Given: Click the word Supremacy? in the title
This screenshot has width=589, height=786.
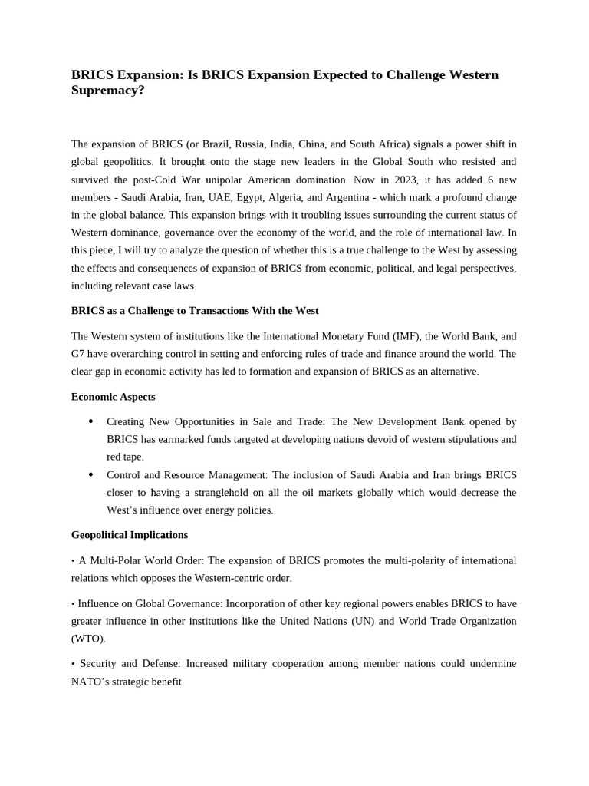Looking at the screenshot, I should pyautogui.click(x=107, y=91).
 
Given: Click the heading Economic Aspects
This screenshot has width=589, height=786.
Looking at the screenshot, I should pyautogui.click(x=113, y=397).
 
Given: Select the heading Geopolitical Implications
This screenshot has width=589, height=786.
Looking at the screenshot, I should pyautogui.click(x=129, y=534).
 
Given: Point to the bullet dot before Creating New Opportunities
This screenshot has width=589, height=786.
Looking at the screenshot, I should pyautogui.click(x=91, y=421).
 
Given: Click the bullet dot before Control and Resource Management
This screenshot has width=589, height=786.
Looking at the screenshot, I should pyautogui.click(x=91, y=474).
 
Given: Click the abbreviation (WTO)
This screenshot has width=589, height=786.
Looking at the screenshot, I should pyautogui.click(x=88, y=638).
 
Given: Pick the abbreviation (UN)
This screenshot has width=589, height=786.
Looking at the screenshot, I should pyautogui.click(x=363, y=620).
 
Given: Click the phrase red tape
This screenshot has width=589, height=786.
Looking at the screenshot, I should pyautogui.click(x=124, y=457).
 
